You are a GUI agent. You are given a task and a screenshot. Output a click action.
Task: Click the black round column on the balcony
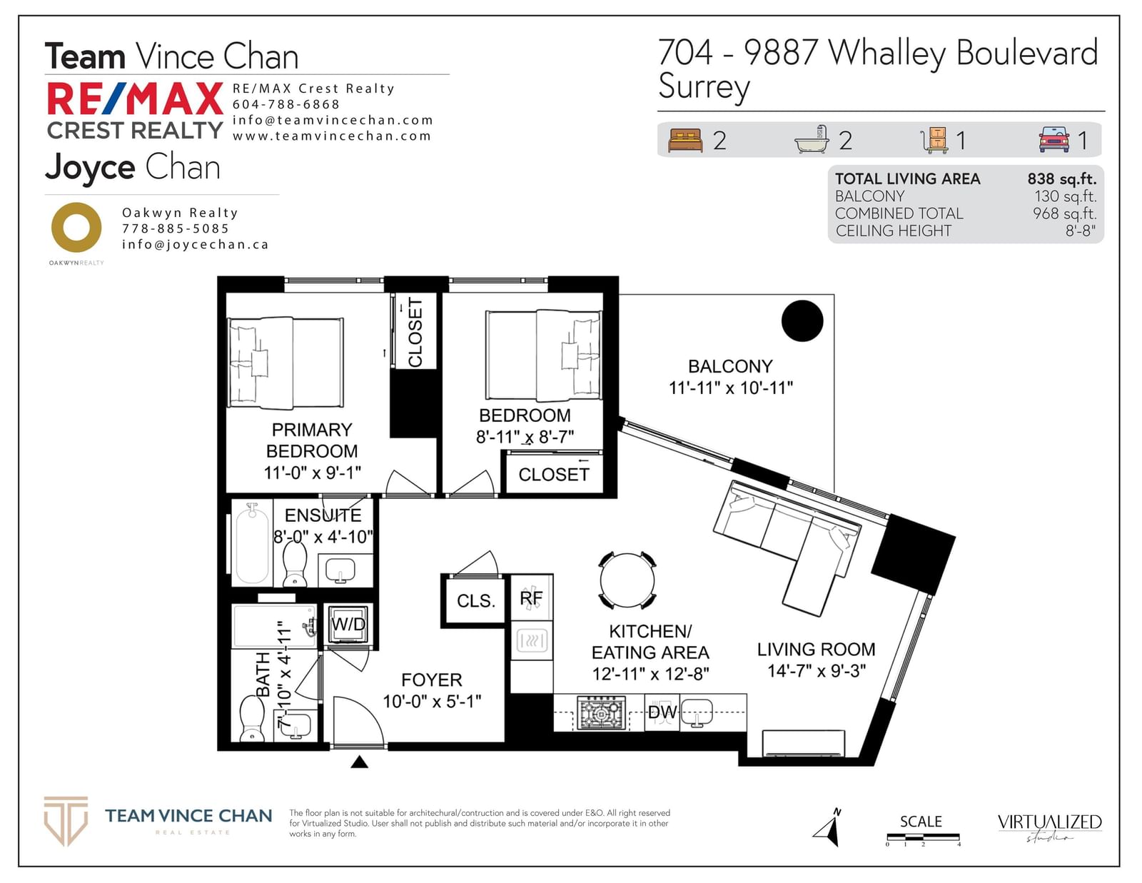click(x=802, y=321)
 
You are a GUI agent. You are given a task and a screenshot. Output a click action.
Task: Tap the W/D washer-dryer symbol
click(x=348, y=625)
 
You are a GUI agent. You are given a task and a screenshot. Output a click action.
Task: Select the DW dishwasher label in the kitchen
click(x=662, y=712)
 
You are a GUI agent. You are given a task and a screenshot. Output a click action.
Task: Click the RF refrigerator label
click(x=531, y=598)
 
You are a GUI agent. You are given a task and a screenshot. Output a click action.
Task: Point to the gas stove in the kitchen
click(x=602, y=712)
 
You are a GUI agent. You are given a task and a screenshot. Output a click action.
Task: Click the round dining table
click(x=627, y=581)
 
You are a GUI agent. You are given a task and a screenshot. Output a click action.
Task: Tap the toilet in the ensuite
click(x=295, y=563)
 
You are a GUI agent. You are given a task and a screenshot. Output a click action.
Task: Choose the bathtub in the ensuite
click(x=252, y=543)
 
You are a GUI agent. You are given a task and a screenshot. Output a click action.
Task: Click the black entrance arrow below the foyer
click(x=360, y=762)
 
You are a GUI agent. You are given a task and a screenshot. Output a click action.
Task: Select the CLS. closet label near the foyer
click(x=476, y=601)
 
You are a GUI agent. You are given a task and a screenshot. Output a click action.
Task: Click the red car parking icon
click(x=1053, y=140)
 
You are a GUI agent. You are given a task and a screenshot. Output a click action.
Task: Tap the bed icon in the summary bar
click(x=685, y=141)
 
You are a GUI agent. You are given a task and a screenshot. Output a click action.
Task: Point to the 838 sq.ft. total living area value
click(x=1062, y=179)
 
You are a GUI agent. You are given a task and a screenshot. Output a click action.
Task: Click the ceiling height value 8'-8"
click(x=1081, y=231)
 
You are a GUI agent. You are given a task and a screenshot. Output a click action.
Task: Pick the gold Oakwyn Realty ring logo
click(x=76, y=228)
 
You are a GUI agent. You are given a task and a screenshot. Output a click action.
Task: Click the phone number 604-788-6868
click(x=286, y=105)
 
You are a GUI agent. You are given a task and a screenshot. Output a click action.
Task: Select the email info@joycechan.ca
click(x=195, y=244)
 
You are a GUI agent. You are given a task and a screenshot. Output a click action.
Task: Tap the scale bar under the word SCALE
click(x=923, y=837)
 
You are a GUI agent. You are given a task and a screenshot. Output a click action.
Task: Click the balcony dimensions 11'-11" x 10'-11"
click(x=730, y=388)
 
